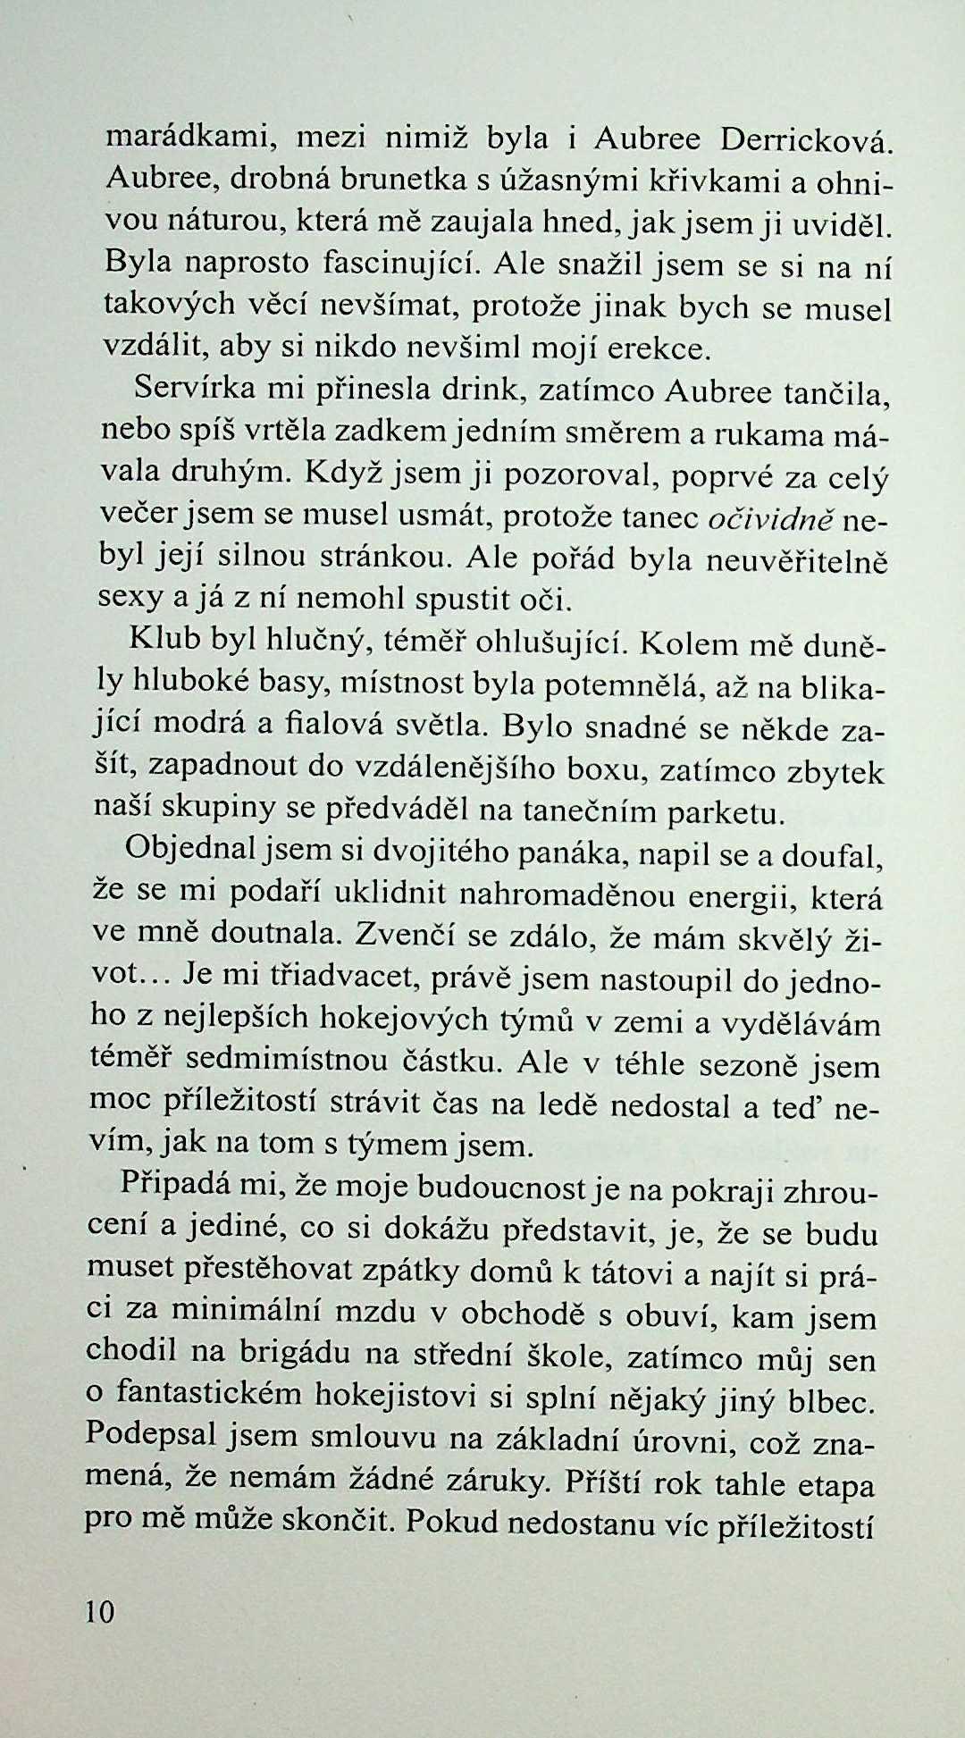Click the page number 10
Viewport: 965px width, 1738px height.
(100, 1611)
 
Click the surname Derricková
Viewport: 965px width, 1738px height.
(804, 140)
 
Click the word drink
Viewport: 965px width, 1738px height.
(482, 390)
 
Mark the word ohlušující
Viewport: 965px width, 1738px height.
(553, 642)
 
